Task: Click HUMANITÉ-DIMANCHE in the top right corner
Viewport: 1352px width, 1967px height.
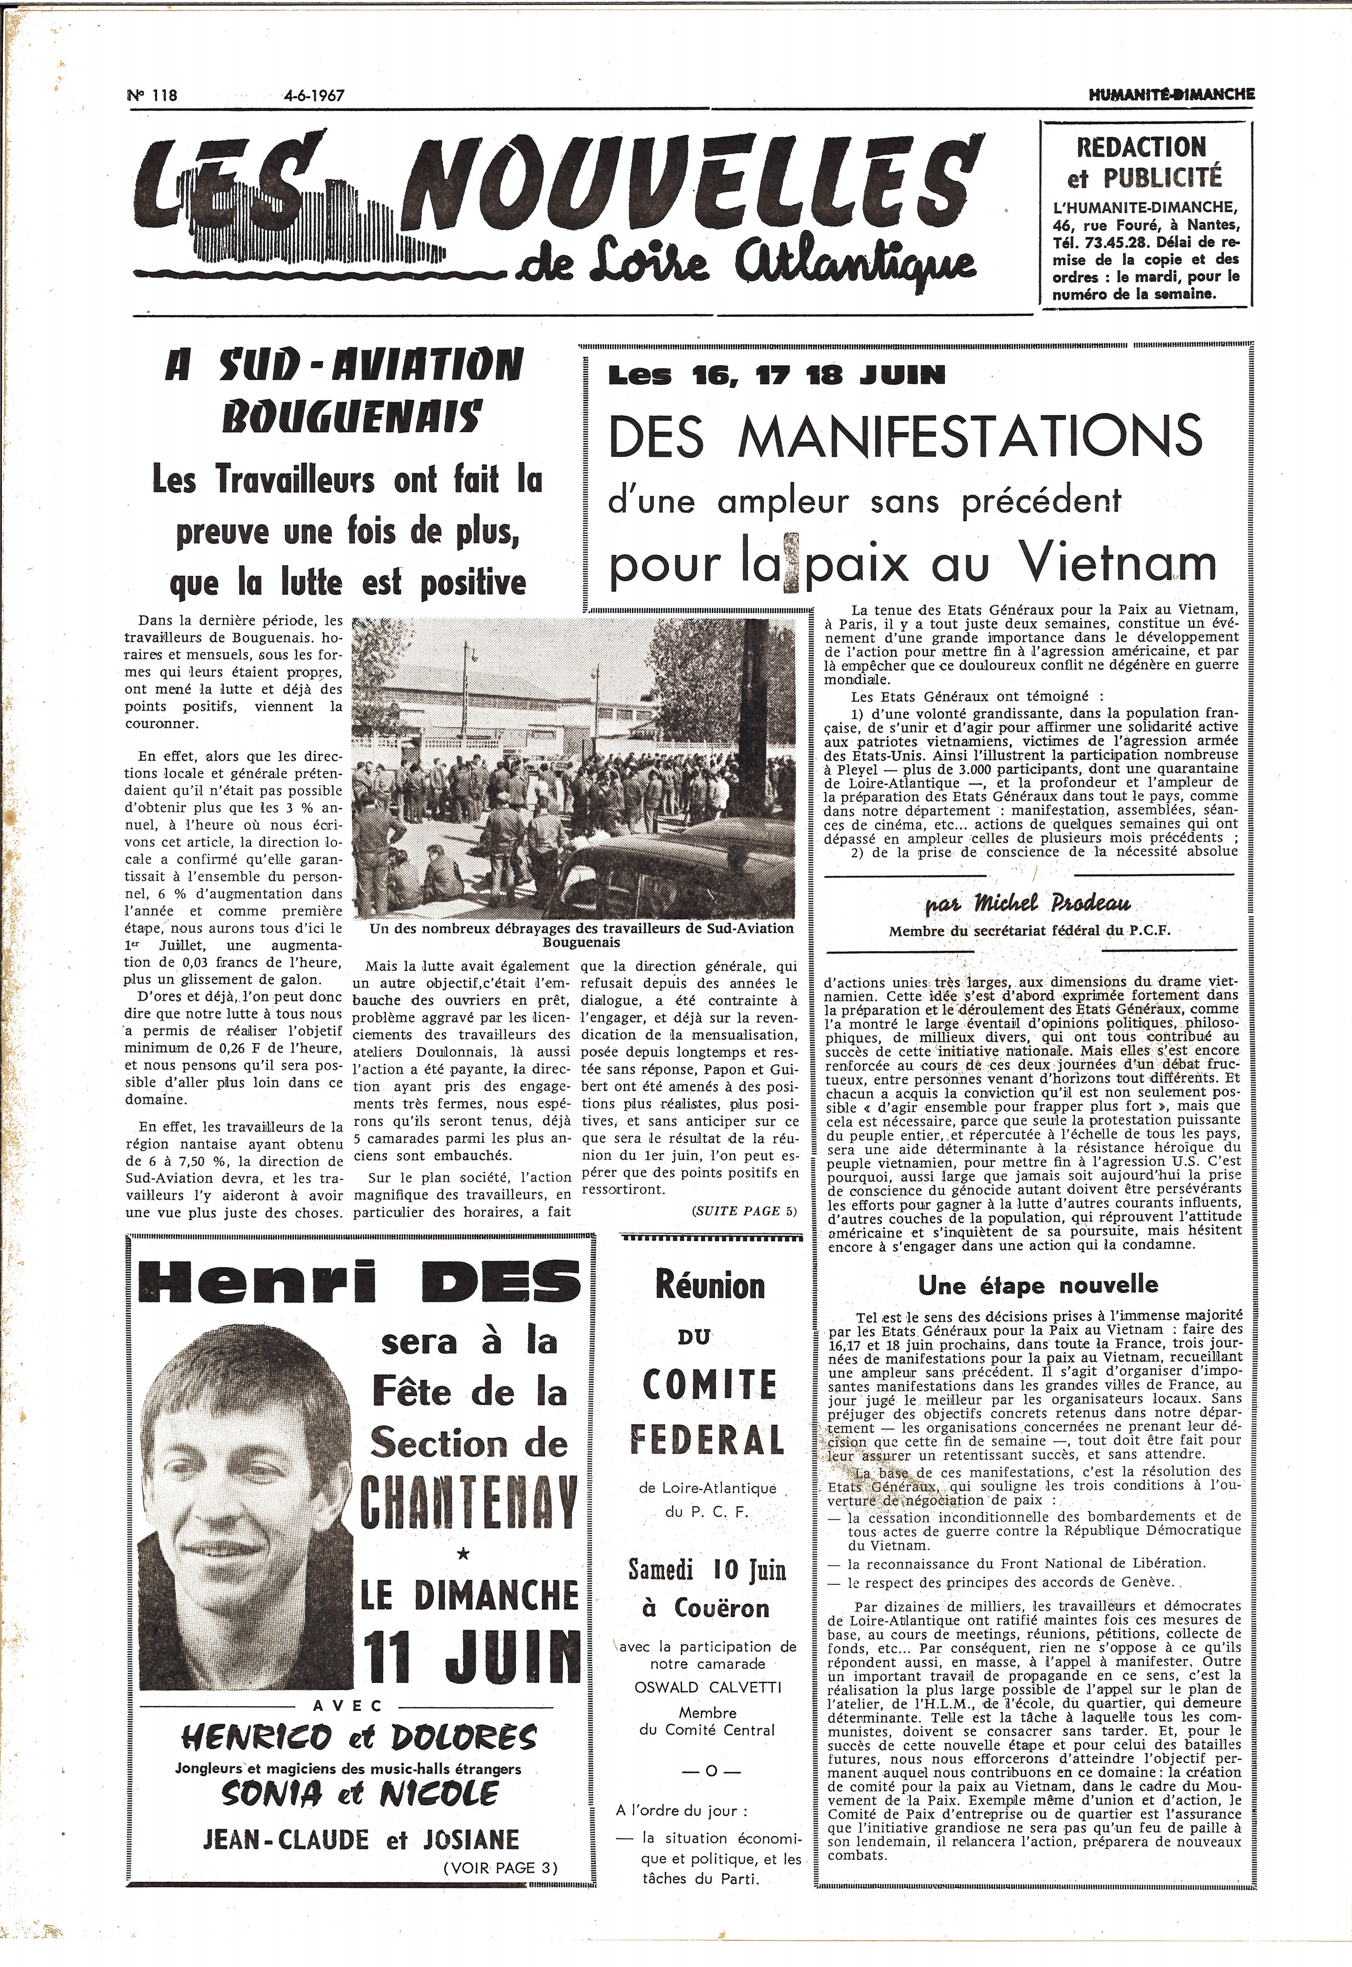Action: tap(1172, 95)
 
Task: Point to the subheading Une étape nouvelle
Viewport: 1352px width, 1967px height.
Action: tap(1038, 1285)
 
